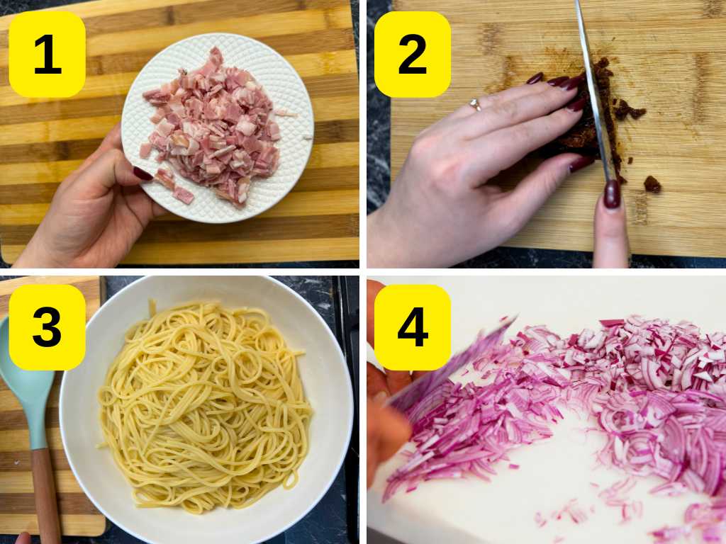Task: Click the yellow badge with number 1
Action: coord(48,54)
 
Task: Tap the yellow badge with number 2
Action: coord(413,54)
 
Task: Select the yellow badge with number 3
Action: coord(48,327)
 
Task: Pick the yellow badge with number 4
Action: coord(413,327)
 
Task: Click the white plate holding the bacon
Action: coord(218,128)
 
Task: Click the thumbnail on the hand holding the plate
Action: coord(143,174)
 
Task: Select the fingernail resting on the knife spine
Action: coord(612,194)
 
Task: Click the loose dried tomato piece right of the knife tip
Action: coord(652,184)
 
